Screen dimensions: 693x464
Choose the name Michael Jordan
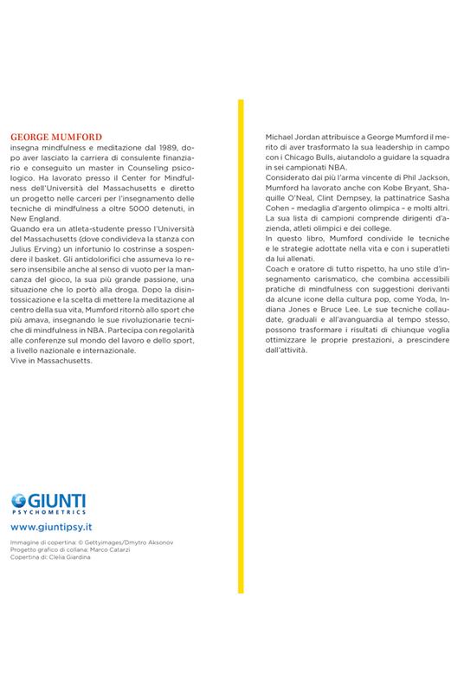(x=290, y=138)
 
